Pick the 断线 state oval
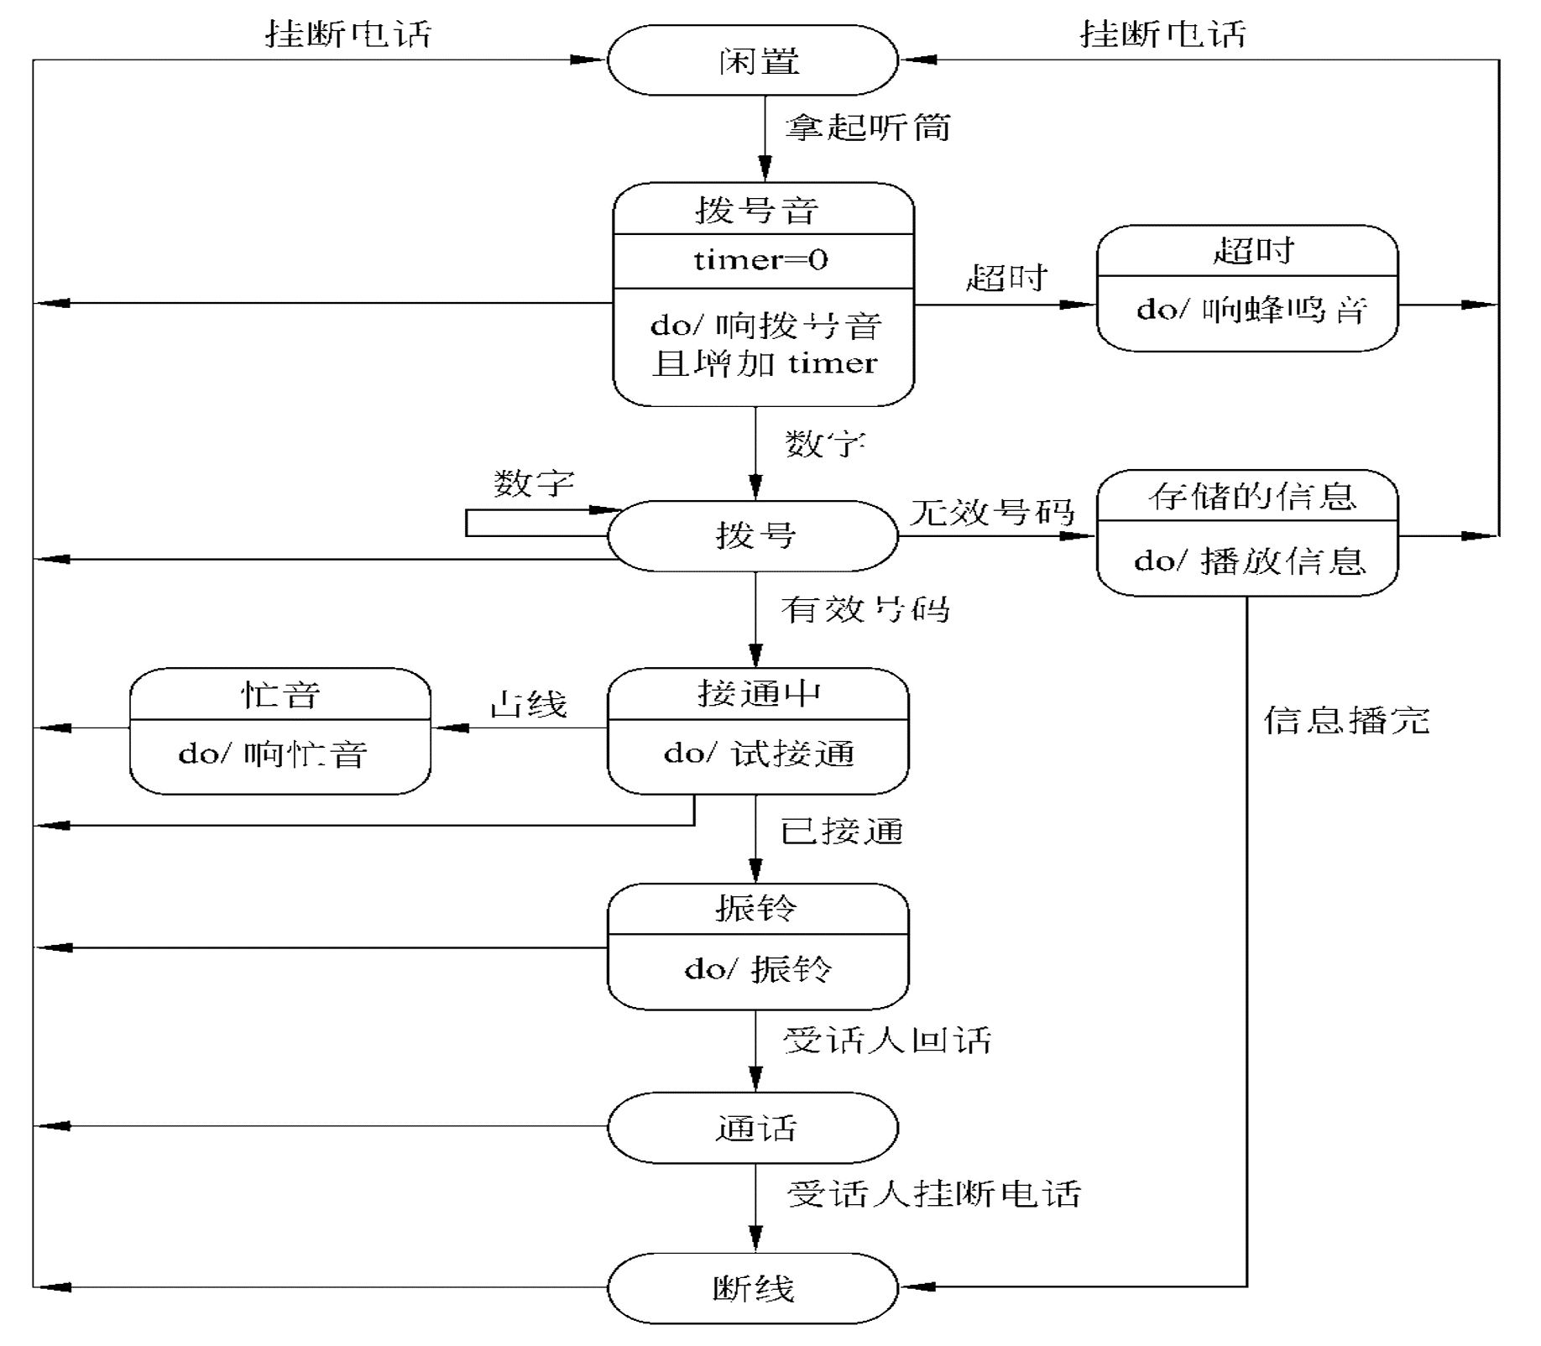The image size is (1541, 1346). (x=753, y=1288)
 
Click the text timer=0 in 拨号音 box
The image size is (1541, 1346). (x=761, y=260)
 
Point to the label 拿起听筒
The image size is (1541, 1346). (x=867, y=128)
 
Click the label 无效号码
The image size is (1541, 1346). (x=992, y=512)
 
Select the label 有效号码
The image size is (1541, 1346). (x=865, y=609)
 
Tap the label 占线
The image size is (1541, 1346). (x=529, y=704)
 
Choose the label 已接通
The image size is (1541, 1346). (x=842, y=832)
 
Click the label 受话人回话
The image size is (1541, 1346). (x=887, y=1041)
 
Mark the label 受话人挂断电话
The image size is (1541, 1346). (x=933, y=1193)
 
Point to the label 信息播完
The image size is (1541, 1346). (x=1346, y=720)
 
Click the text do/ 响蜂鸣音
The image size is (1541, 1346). (x=1251, y=310)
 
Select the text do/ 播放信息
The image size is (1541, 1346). (x=1250, y=561)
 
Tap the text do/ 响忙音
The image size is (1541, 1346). (x=273, y=754)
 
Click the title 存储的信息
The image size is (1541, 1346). (x=1251, y=497)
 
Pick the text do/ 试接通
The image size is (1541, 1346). (x=759, y=754)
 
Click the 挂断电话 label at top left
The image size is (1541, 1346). (x=348, y=34)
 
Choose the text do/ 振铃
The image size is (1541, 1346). (x=758, y=969)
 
